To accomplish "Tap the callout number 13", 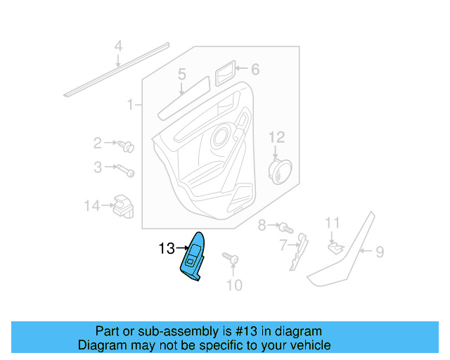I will pyautogui.click(x=166, y=248).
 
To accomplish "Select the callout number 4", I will pyautogui.click(x=118, y=46).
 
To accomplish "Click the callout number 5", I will pyautogui.click(x=181, y=74).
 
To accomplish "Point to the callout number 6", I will pyautogui.click(x=255, y=69).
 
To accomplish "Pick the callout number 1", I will pyautogui.click(x=130, y=105).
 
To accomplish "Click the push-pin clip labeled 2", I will pyautogui.click(x=128, y=147).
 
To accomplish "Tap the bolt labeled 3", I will pyautogui.click(x=127, y=169).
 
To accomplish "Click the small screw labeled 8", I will pyautogui.click(x=285, y=227).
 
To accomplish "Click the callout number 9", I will pyautogui.click(x=379, y=251).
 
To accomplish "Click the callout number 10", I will pyautogui.click(x=233, y=285).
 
